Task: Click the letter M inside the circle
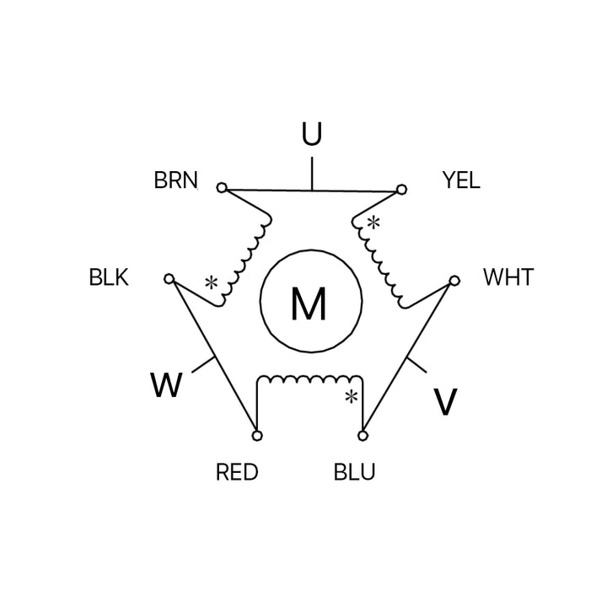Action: (x=309, y=304)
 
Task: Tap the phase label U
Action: (x=312, y=135)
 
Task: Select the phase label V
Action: (x=445, y=403)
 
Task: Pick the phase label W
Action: (x=166, y=386)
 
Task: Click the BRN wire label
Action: (x=175, y=180)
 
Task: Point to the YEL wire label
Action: (x=460, y=180)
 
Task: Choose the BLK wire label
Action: (x=109, y=277)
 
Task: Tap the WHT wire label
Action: (x=508, y=277)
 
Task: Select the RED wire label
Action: (x=237, y=472)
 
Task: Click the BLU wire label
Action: (x=355, y=472)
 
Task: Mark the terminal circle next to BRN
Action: (x=222, y=188)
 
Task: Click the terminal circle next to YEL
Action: (x=402, y=189)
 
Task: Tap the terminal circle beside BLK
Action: (x=169, y=278)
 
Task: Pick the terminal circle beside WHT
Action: (x=454, y=281)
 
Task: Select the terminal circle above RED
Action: (x=257, y=436)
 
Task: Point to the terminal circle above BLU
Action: (x=363, y=436)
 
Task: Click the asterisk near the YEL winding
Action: (x=373, y=223)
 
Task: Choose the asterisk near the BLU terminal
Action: (x=351, y=397)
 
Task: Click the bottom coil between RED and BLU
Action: (x=309, y=379)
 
